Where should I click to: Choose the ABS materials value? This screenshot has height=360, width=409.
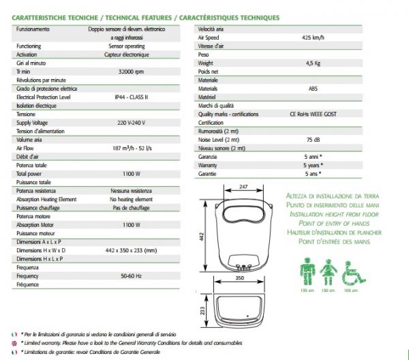click(313, 88)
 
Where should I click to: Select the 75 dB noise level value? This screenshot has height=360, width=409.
click(313, 139)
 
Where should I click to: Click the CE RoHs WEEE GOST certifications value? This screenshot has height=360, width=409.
click(313, 114)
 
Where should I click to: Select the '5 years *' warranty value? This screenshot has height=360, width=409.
click(313, 165)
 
